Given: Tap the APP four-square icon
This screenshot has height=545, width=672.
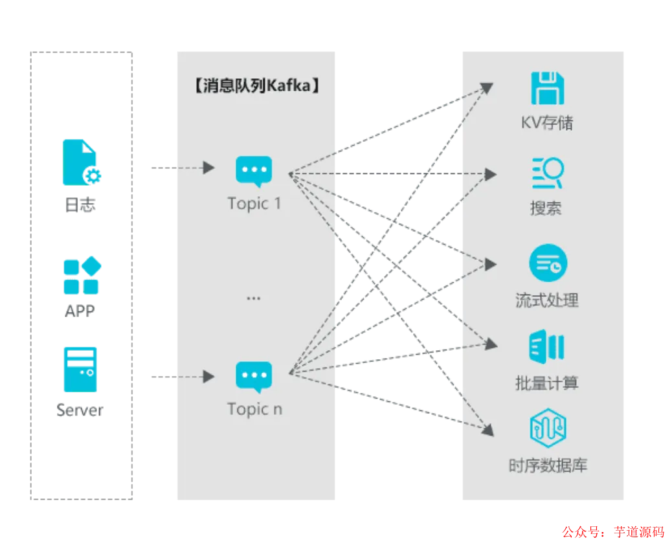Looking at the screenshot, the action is coord(82,275).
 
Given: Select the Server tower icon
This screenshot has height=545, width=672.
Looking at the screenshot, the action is coord(80,370).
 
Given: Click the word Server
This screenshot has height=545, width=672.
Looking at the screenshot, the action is coord(80,410).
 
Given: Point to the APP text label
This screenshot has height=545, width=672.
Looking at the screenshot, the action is coord(80,311).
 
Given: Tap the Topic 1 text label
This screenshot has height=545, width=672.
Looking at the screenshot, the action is coord(254,203).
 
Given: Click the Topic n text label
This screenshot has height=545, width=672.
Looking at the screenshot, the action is coord(254,409).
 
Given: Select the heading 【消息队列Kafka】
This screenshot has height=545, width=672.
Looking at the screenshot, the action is coord(257,85).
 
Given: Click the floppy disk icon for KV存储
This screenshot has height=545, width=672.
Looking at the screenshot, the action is coord(547,88).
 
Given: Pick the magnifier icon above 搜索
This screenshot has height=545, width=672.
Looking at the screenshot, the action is coord(548,173).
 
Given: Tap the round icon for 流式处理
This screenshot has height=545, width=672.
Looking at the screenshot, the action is coord(548,263).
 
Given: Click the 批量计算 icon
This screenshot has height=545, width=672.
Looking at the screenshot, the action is coord(547,346).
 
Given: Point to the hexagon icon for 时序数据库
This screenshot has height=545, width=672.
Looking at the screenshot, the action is coord(548,428).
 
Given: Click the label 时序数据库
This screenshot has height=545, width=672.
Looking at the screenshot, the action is coord(548,465).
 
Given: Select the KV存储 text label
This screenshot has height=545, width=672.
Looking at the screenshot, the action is coord(547,122).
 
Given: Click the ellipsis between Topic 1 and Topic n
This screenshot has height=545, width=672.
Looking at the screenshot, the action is coord(253,298).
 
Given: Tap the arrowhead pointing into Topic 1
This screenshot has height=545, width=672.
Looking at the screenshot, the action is coord(208,168).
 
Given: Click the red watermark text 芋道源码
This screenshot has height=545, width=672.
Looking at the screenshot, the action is coord(639,531).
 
